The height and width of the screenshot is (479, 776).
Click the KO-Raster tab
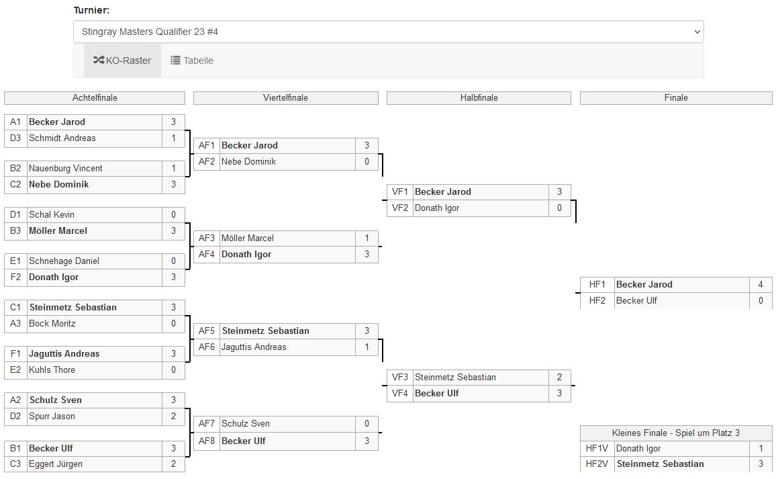pyautogui.click(x=122, y=60)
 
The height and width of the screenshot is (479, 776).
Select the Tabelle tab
pyautogui.click(x=192, y=60)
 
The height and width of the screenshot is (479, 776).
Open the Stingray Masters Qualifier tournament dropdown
pyautogui.click(x=388, y=32)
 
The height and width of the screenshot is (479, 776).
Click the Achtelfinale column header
pyautogui.click(x=95, y=98)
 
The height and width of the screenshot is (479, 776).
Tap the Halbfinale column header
pyautogui.click(x=479, y=98)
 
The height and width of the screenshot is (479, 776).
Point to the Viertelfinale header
pyautogui.click(x=285, y=98)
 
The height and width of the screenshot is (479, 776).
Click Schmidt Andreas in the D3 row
pyautogui.click(x=62, y=138)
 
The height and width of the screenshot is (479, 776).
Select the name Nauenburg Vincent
pyautogui.click(x=66, y=169)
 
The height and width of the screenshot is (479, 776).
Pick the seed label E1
pyautogui.click(x=15, y=261)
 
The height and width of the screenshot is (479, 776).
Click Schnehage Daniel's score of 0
pyautogui.click(x=173, y=261)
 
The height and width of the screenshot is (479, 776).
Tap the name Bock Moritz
pyautogui.click(x=52, y=324)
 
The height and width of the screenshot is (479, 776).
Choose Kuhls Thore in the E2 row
pyautogui.click(x=52, y=370)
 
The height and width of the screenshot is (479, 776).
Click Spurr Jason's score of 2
pyautogui.click(x=173, y=417)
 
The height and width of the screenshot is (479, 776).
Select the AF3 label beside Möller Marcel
pyautogui.click(x=207, y=238)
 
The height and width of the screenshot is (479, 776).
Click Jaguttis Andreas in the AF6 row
pyautogui.click(x=254, y=347)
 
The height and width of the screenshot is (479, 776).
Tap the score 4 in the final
pyautogui.click(x=761, y=285)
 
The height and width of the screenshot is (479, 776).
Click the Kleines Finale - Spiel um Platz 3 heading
pyautogui.click(x=676, y=433)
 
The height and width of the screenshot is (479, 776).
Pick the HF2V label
pyautogui.click(x=597, y=464)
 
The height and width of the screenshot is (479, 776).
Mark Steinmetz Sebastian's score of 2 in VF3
pyautogui.click(x=559, y=378)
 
